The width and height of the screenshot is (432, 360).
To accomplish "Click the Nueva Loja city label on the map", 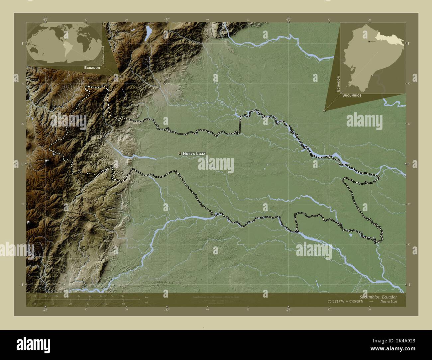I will tap(194, 153).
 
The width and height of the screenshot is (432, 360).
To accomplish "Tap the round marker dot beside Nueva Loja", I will tap(180, 153).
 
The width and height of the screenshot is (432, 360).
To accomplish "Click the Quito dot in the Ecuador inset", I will tap(369, 42).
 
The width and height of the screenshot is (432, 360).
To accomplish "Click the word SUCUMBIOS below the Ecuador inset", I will tap(352, 95).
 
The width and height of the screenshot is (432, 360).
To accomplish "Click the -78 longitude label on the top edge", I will tap(45, 20).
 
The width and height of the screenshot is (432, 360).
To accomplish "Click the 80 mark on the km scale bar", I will tap(123, 296).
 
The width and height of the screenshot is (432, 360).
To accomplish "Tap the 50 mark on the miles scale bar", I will tap(123, 304).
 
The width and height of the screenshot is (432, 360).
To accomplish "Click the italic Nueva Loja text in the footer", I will tap(388, 301).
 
